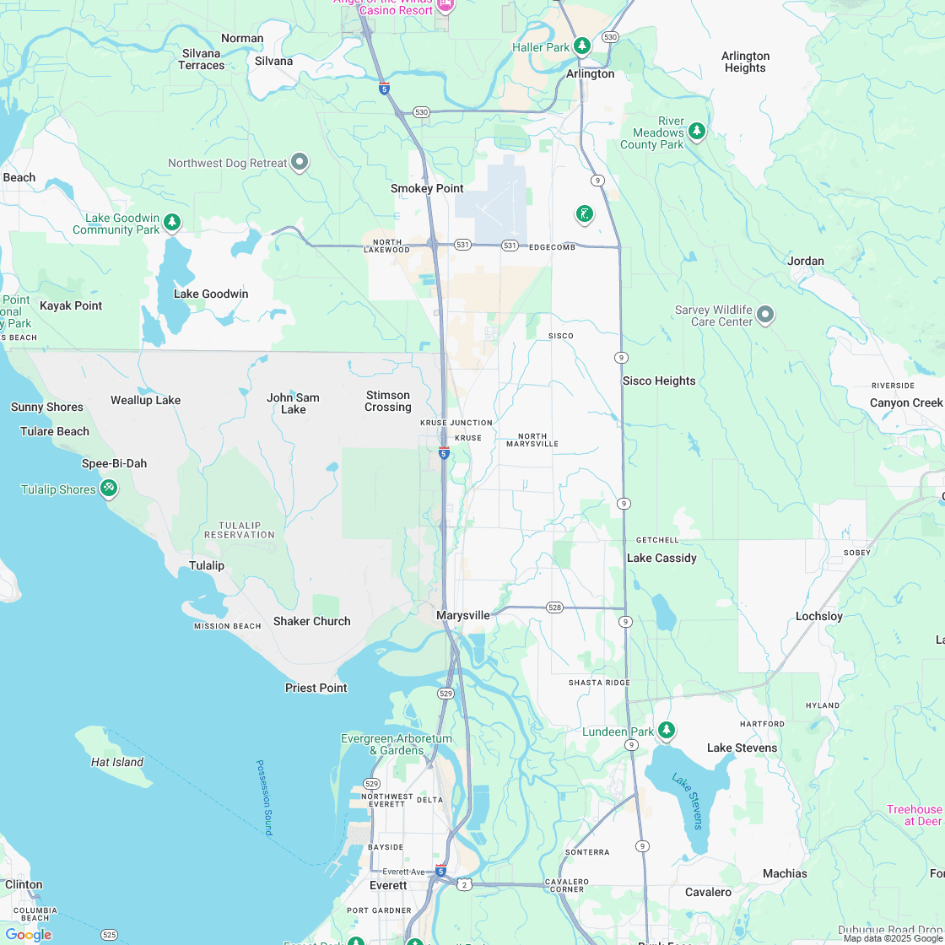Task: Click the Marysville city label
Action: click(462, 616)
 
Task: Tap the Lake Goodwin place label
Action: click(211, 294)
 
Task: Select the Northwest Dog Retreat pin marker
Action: click(300, 162)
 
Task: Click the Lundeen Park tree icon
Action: click(667, 730)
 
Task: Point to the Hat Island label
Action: click(117, 762)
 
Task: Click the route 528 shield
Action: click(554, 607)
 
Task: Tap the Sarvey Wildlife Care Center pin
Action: click(765, 315)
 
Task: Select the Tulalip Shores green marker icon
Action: click(108, 489)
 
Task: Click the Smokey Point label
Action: click(427, 188)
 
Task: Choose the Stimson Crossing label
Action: click(388, 401)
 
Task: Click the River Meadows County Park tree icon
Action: click(696, 131)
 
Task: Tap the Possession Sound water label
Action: click(264, 797)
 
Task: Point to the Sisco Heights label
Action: click(659, 381)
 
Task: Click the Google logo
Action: click(28, 934)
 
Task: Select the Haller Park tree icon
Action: click(581, 46)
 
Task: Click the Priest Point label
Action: click(316, 688)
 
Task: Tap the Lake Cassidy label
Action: click(661, 558)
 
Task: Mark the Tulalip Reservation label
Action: click(240, 530)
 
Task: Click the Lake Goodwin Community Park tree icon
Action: click(172, 223)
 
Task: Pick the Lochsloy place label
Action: click(818, 616)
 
